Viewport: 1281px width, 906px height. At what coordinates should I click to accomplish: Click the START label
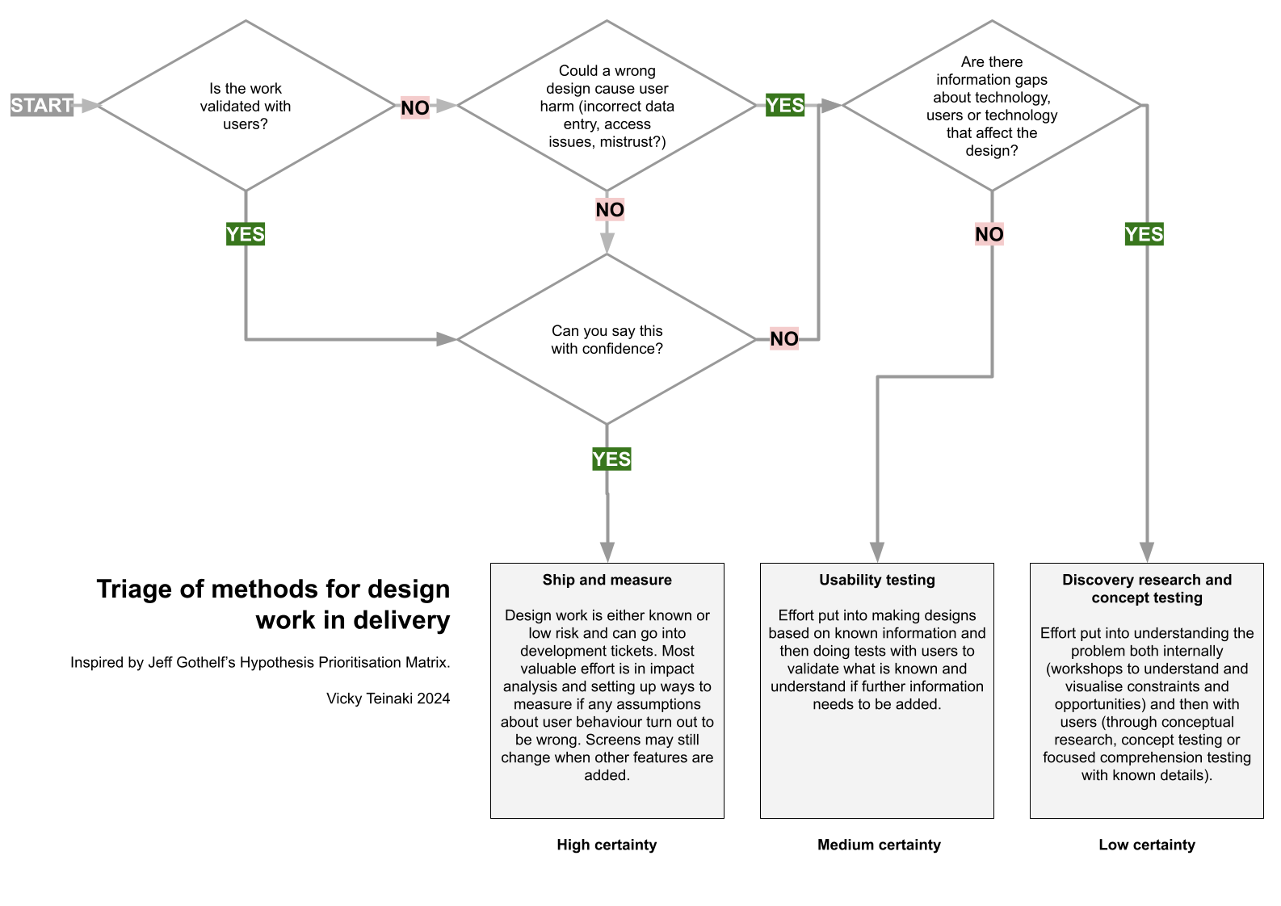point(42,105)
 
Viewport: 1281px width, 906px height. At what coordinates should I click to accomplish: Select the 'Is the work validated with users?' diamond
point(246,106)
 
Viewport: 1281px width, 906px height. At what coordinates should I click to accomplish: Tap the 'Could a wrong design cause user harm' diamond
point(607,106)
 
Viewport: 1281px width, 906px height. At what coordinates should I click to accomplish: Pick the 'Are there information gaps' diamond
point(991,106)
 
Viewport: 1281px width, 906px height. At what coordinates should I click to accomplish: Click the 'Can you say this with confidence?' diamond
point(607,339)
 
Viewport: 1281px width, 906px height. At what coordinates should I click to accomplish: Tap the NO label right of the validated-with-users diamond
point(415,107)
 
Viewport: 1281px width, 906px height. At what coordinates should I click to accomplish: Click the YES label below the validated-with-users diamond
point(246,234)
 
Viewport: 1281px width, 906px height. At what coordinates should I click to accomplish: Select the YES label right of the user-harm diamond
point(784,105)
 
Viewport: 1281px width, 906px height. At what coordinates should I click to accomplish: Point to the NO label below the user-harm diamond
point(610,210)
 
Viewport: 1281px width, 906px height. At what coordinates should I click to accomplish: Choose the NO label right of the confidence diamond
point(783,338)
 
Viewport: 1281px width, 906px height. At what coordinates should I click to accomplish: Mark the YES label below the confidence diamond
point(611,459)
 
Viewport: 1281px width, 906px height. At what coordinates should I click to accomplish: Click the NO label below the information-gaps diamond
point(989,234)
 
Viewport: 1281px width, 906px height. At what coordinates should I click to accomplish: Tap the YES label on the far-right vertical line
point(1144,234)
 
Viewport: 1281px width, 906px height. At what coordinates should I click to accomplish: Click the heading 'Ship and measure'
point(607,580)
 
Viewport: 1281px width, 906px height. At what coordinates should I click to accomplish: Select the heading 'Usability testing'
point(876,580)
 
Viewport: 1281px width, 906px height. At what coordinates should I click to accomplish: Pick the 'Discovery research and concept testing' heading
point(1146,589)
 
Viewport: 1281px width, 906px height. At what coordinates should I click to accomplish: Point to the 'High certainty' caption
point(607,845)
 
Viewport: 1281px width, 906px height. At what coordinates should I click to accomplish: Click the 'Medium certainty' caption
point(879,845)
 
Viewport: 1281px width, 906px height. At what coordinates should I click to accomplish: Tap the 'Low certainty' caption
point(1146,845)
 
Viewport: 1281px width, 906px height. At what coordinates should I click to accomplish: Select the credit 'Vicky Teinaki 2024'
point(388,698)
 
